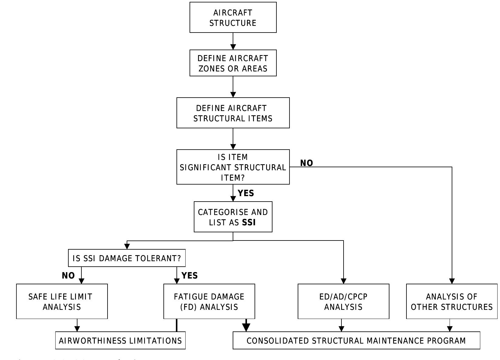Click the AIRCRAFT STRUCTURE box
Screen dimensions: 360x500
[233, 18]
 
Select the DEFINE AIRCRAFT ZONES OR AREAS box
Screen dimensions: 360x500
[233, 63]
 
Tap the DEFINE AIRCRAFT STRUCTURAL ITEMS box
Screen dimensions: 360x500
[233, 113]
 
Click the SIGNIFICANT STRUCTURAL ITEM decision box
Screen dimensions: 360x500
[233, 167]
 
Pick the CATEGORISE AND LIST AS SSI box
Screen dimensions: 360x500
[233, 217]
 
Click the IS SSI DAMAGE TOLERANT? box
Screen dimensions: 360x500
[127, 258]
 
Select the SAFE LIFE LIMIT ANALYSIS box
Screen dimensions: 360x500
[62, 301]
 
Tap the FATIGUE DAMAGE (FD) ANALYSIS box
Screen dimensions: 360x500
[209, 301]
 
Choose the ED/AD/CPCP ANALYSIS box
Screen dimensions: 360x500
[343, 301]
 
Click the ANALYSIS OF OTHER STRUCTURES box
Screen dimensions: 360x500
[452, 301]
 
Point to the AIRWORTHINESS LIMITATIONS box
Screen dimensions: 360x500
[120, 341]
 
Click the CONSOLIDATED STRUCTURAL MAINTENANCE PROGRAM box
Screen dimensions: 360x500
[356, 341]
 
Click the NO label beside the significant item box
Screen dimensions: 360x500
[307, 163]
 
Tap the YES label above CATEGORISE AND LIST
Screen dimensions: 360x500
[246, 193]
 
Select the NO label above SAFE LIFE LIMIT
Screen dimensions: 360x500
[68, 275]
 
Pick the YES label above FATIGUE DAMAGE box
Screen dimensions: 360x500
[190, 275]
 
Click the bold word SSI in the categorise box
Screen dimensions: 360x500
[249, 223]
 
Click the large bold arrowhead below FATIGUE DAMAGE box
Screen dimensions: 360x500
[246, 327]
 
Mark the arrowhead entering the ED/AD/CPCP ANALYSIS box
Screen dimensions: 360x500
[344, 281]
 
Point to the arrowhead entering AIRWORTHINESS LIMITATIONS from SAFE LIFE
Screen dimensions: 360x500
[77, 329]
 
